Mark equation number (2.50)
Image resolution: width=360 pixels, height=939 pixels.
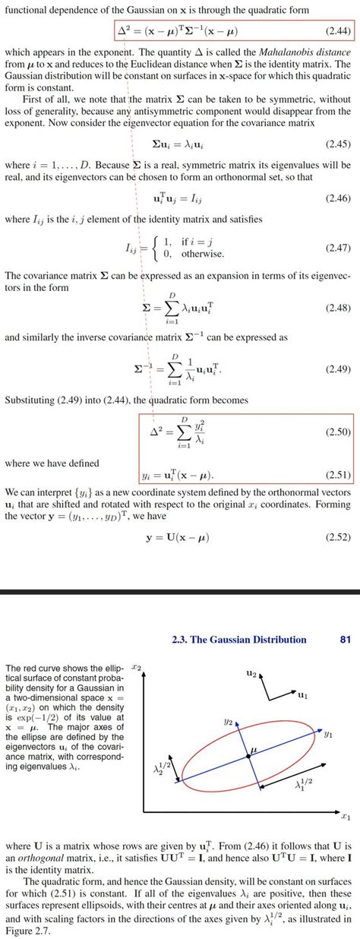[335, 432]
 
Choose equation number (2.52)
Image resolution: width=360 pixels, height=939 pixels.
[335, 537]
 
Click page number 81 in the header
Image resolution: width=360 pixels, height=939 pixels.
[346, 640]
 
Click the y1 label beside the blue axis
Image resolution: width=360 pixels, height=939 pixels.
[327, 735]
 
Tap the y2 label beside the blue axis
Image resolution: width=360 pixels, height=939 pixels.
[228, 724]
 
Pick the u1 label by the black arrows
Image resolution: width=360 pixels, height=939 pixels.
[302, 694]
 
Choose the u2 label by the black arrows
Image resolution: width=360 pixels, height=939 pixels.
[251, 673]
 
